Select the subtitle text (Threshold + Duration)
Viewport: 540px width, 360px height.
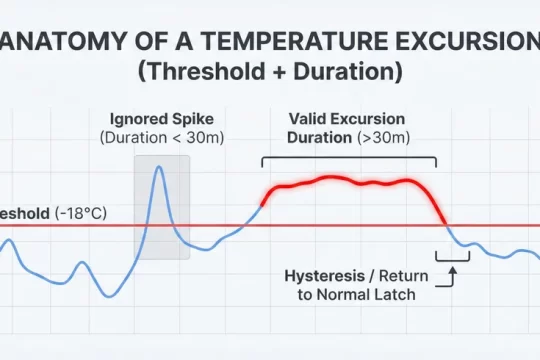[270, 74]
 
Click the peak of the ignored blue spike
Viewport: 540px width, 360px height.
[158, 168]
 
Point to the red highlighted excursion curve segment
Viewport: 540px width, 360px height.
[350, 181]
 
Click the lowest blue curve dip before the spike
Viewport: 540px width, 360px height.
[110, 295]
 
